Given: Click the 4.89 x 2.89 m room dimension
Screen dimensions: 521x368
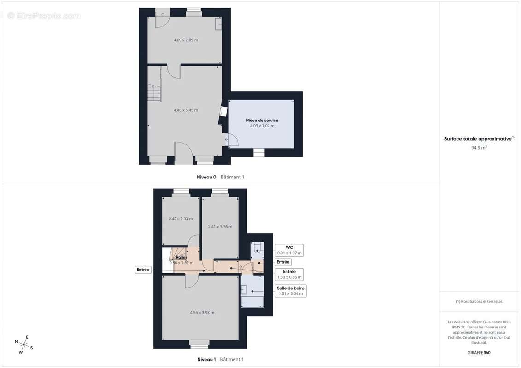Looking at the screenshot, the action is coord(186,40).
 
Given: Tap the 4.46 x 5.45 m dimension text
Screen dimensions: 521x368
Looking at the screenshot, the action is coord(186,110).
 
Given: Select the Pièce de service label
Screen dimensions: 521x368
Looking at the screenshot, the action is coord(262,120).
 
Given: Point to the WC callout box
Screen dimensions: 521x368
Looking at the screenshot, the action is coord(289,250).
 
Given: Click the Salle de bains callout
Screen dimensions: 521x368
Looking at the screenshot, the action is coord(291,291).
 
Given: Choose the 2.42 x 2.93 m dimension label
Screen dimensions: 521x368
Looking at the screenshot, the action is coord(181,218).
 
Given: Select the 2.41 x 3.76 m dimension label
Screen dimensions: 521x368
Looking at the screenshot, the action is coord(220,227).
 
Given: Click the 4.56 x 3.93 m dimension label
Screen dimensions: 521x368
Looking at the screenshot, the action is coord(202,313).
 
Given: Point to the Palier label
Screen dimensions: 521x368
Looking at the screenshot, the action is coord(181,257).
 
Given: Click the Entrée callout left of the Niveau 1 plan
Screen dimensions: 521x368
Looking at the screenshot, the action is coord(143,270).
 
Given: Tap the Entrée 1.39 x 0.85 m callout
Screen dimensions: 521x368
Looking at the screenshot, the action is coord(289,275).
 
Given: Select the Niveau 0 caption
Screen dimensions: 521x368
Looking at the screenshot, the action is coord(206,177).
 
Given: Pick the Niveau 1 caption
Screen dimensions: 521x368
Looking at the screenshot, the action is coord(206,359).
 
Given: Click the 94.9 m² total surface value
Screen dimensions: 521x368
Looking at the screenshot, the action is coord(479,148).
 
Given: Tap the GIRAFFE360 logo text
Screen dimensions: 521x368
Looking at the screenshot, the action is coord(479,353).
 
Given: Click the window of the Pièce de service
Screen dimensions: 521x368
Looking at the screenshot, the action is coord(259,153).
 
